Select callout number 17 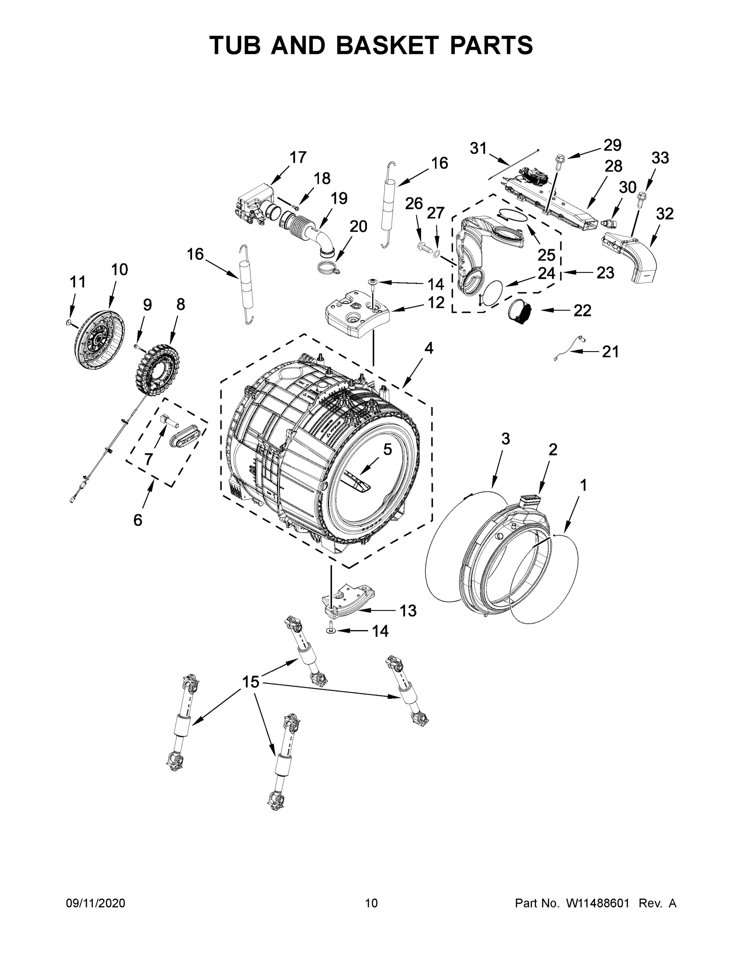298,157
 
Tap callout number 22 582,311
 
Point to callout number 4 428,348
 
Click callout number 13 408,610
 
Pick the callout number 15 250,682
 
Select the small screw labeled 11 68,323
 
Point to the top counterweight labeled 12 357,316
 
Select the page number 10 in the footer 371,903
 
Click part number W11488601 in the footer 599,903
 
